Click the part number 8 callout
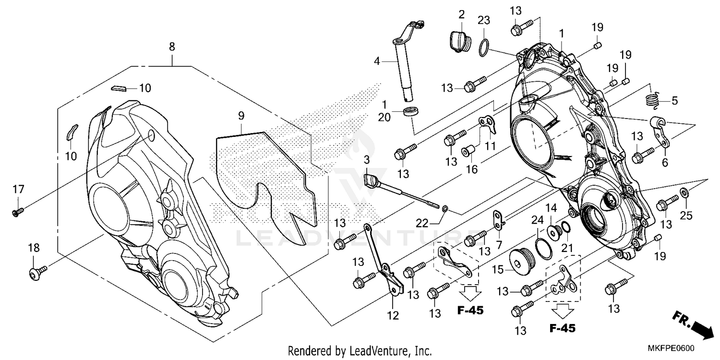pyautogui.click(x=172, y=47)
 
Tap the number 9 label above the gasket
pyautogui.click(x=241, y=116)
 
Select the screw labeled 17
pyautogui.click(x=18, y=210)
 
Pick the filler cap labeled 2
pyautogui.click(x=460, y=40)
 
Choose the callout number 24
pyautogui.click(x=536, y=220)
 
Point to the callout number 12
pyautogui.click(x=393, y=315)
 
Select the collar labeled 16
pyautogui.click(x=468, y=152)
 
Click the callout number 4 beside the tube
pyautogui.click(x=377, y=61)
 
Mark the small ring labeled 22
pyautogui.click(x=445, y=208)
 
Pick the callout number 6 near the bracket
pyautogui.click(x=665, y=163)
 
